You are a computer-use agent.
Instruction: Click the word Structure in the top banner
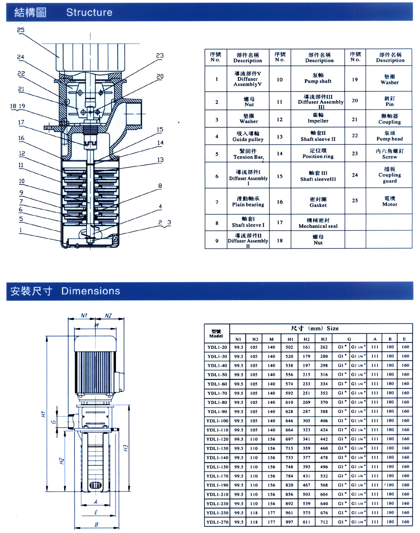coord(89,13)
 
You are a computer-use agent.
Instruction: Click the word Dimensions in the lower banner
coord(90,291)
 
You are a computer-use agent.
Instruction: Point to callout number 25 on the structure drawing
coord(21,30)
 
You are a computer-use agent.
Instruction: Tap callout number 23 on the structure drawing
coord(159,56)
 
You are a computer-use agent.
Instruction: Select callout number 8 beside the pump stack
coord(160,186)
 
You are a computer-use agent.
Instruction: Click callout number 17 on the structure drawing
coord(21,123)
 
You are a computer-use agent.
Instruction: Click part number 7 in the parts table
coord(217,202)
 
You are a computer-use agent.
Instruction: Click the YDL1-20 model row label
coord(217,347)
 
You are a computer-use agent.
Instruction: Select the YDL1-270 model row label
coord(217,522)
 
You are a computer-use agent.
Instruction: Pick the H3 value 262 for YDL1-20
coord(324,347)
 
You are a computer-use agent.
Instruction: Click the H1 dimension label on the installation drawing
coord(43,414)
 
